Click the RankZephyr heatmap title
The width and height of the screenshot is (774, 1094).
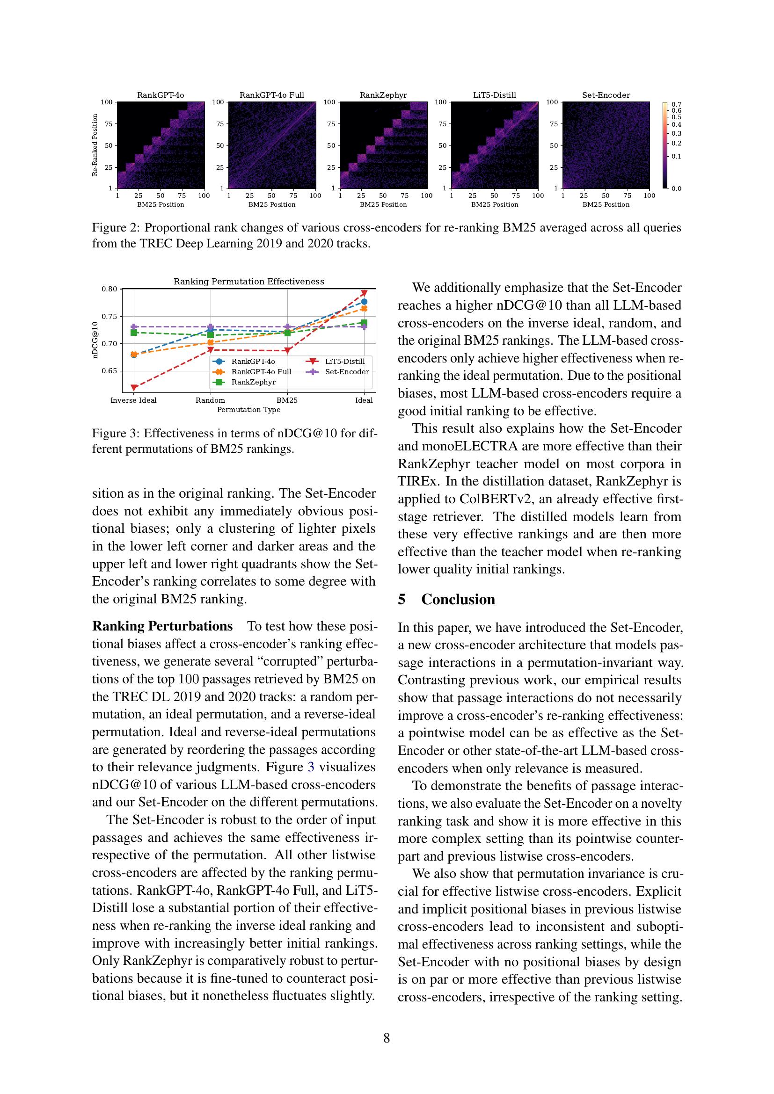click(383, 95)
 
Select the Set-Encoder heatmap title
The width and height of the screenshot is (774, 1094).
click(606, 95)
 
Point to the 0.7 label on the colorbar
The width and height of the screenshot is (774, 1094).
click(676, 104)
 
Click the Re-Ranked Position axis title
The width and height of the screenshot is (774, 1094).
click(95, 145)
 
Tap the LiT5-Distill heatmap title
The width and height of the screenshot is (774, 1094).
click(494, 95)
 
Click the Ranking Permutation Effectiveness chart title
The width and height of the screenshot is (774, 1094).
click(248, 282)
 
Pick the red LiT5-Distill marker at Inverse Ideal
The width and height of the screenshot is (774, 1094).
click(134, 388)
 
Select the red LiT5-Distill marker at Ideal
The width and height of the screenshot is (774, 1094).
click(364, 293)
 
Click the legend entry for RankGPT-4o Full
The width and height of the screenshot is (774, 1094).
click(261, 372)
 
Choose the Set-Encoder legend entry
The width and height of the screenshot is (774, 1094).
click(346, 372)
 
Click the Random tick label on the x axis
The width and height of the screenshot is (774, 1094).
click(210, 400)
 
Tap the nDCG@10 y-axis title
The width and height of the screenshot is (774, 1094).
click(95, 340)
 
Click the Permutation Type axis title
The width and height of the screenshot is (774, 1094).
click(248, 410)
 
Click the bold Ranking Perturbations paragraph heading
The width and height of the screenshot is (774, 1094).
click(162, 626)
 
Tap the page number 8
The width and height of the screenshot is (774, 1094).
click(387, 1038)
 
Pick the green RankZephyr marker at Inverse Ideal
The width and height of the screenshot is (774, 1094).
click(134, 332)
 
